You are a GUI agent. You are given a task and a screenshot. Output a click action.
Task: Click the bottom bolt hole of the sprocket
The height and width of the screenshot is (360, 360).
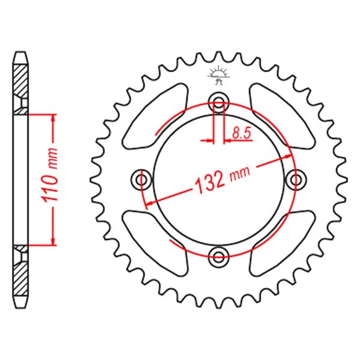(219, 256)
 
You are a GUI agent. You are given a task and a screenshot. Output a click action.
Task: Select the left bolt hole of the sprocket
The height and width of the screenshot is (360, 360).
(142, 179)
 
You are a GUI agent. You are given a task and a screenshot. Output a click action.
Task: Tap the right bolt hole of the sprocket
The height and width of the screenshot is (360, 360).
(296, 179)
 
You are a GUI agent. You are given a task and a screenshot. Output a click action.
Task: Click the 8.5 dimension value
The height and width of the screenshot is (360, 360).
(241, 133)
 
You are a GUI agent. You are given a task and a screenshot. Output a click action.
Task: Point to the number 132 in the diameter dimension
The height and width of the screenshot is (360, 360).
(209, 182)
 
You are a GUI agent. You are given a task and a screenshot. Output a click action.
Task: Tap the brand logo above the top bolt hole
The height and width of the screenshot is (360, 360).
(218, 75)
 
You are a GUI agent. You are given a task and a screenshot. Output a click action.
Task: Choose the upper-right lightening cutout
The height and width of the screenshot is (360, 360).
(282, 116)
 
